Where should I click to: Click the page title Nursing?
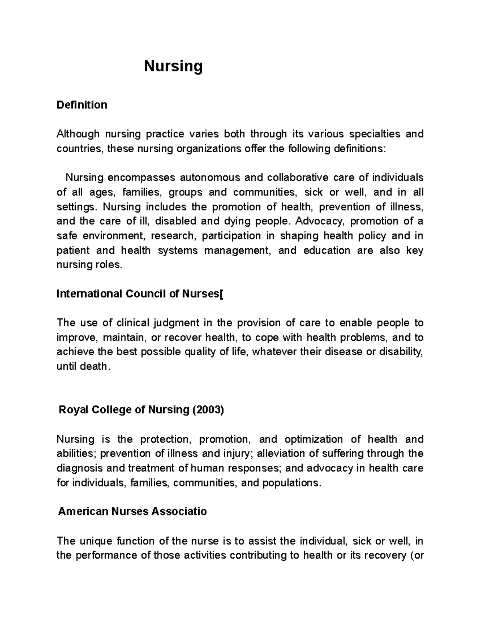tap(173, 66)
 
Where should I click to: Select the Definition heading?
tap(82, 105)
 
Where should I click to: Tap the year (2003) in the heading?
tap(208, 410)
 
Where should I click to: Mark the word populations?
tap(291, 483)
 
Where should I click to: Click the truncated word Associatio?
tap(184, 512)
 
